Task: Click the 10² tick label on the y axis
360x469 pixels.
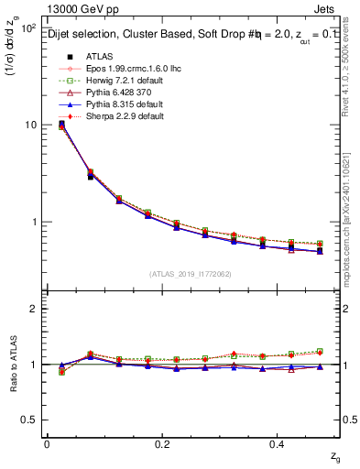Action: [x=27, y=28]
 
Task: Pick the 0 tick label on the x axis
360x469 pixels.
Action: [x=47, y=444]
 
